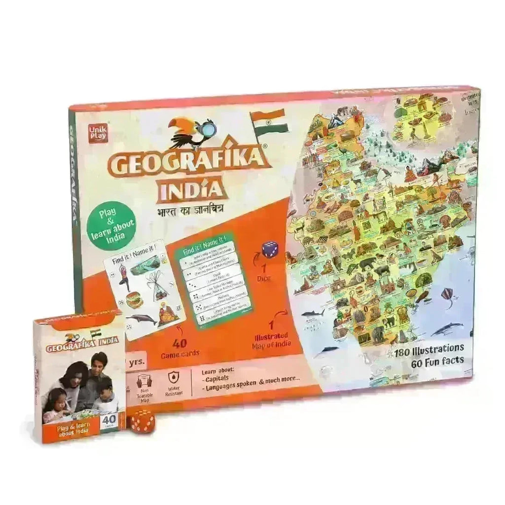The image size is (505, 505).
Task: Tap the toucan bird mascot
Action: (x=190, y=132)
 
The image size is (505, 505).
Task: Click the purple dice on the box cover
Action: (x=269, y=250)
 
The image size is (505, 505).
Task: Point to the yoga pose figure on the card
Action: (x=124, y=277)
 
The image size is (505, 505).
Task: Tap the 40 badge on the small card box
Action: (x=108, y=420)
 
